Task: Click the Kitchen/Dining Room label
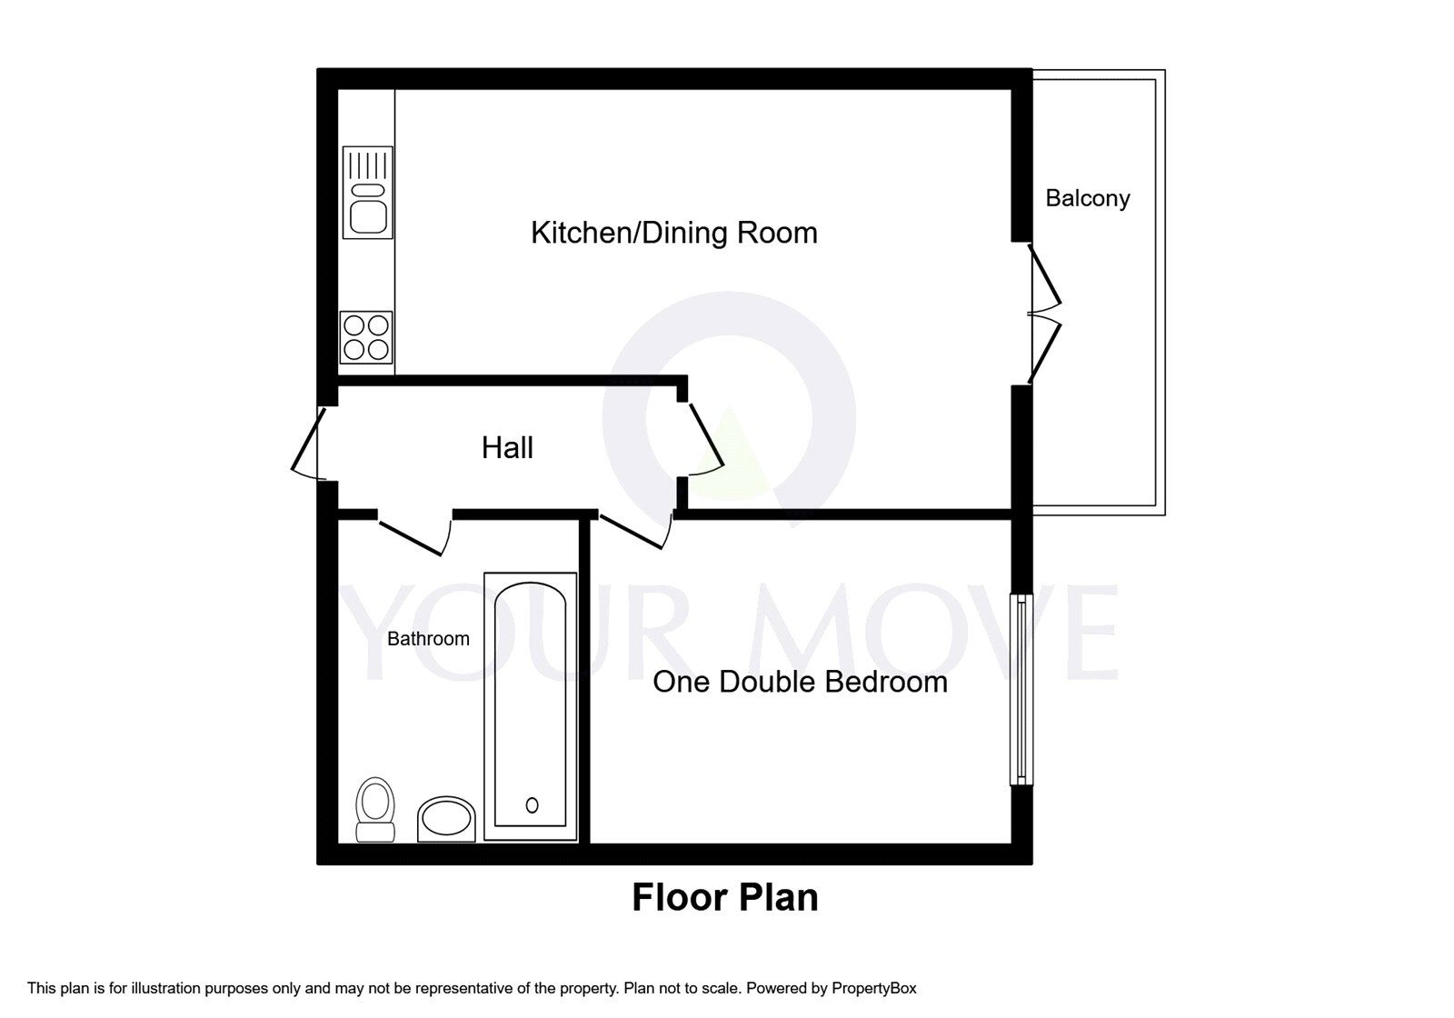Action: click(673, 233)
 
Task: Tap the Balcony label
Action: click(1087, 198)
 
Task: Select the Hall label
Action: click(507, 447)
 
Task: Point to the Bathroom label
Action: click(428, 639)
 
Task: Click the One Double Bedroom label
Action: click(800, 682)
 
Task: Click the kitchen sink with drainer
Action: click(368, 192)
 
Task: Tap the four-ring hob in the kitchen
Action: click(366, 337)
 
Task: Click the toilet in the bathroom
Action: click(375, 809)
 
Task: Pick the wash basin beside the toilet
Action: click(446, 819)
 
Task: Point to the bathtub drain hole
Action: click(532, 804)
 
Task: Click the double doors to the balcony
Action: click(1045, 314)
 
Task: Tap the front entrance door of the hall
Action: click(307, 444)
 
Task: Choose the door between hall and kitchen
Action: click(705, 439)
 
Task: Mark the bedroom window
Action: click(1022, 689)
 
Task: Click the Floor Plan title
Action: click(724, 897)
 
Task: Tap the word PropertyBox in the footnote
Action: click(873, 988)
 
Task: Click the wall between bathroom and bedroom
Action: click(585, 691)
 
